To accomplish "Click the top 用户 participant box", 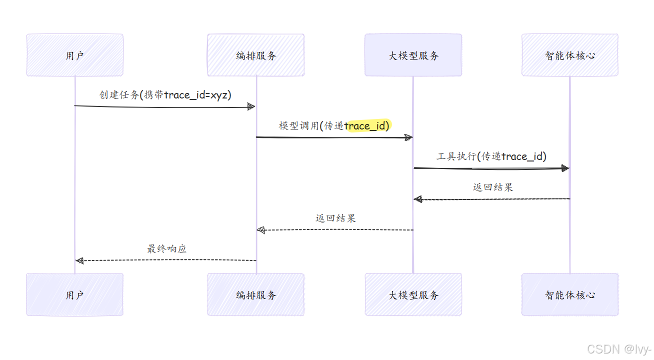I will [x=74, y=55].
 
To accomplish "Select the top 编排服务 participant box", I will [x=255, y=55].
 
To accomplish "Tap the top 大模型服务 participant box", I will [x=413, y=55].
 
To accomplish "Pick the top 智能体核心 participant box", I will [x=569, y=55].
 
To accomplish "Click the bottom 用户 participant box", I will [x=74, y=294].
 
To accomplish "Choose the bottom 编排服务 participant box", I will [x=255, y=294].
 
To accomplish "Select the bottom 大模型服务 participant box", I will [x=413, y=294].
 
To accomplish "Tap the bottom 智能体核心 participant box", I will [x=569, y=294].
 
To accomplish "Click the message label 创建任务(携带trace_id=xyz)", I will [x=165, y=95].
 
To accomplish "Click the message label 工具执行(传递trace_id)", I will [x=491, y=156].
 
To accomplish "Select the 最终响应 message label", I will [x=166, y=248].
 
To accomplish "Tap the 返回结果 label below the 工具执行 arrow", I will [x=492, y=187].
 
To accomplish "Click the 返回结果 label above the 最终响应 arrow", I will [x=335, y=218].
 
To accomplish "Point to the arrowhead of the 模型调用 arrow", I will [x=408, y=137].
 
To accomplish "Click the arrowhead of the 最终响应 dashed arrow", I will [x=79, y=260].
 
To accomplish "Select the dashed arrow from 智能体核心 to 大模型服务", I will [x=492, y=199].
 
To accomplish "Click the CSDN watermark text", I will [x=619, y=349].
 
